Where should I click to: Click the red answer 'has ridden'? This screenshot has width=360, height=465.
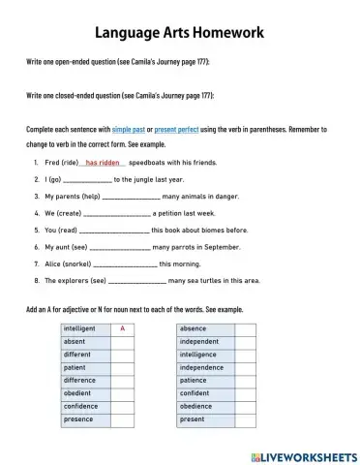coord(103,163)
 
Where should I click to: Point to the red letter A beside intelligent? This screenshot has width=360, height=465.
coord(122,329)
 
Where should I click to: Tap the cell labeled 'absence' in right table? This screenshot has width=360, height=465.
coord(205,329)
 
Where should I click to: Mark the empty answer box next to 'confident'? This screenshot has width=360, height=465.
coord(245,394)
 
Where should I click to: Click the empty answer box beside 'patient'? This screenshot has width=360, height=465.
coord(122,368)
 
